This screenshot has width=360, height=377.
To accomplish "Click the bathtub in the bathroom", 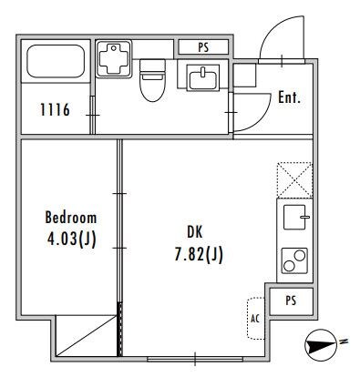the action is coord(56,61).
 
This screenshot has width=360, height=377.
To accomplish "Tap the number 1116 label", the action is coord(55,109).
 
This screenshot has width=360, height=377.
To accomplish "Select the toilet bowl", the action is coord(152,80).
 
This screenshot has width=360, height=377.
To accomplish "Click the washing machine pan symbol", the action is coord(114,58).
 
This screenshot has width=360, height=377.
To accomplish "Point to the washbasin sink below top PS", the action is coord(203,77).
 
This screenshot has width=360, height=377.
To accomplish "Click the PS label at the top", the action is coord(203,47).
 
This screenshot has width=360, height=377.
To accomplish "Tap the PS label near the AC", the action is coord(291,301).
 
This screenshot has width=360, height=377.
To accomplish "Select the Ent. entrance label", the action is coord(289,97).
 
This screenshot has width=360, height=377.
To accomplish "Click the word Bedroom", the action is coord(71,218).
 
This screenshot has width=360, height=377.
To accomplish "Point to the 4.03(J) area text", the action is coord(72,239).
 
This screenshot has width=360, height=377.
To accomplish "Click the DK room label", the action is coord(194,232).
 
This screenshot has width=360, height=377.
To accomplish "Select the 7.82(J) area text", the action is coord(199,254).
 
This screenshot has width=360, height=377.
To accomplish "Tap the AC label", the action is coord(255,319).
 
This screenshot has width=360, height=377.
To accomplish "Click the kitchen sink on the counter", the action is coord(294,218).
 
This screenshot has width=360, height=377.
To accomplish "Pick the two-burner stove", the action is coord(294,260).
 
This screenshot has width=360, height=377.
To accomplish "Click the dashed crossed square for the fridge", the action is coord(294,180).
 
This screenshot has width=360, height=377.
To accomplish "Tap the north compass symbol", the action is coord(321,345).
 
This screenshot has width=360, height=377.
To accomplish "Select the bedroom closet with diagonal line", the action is coord(87,336).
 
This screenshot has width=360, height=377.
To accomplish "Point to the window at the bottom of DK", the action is coord(195,359).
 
